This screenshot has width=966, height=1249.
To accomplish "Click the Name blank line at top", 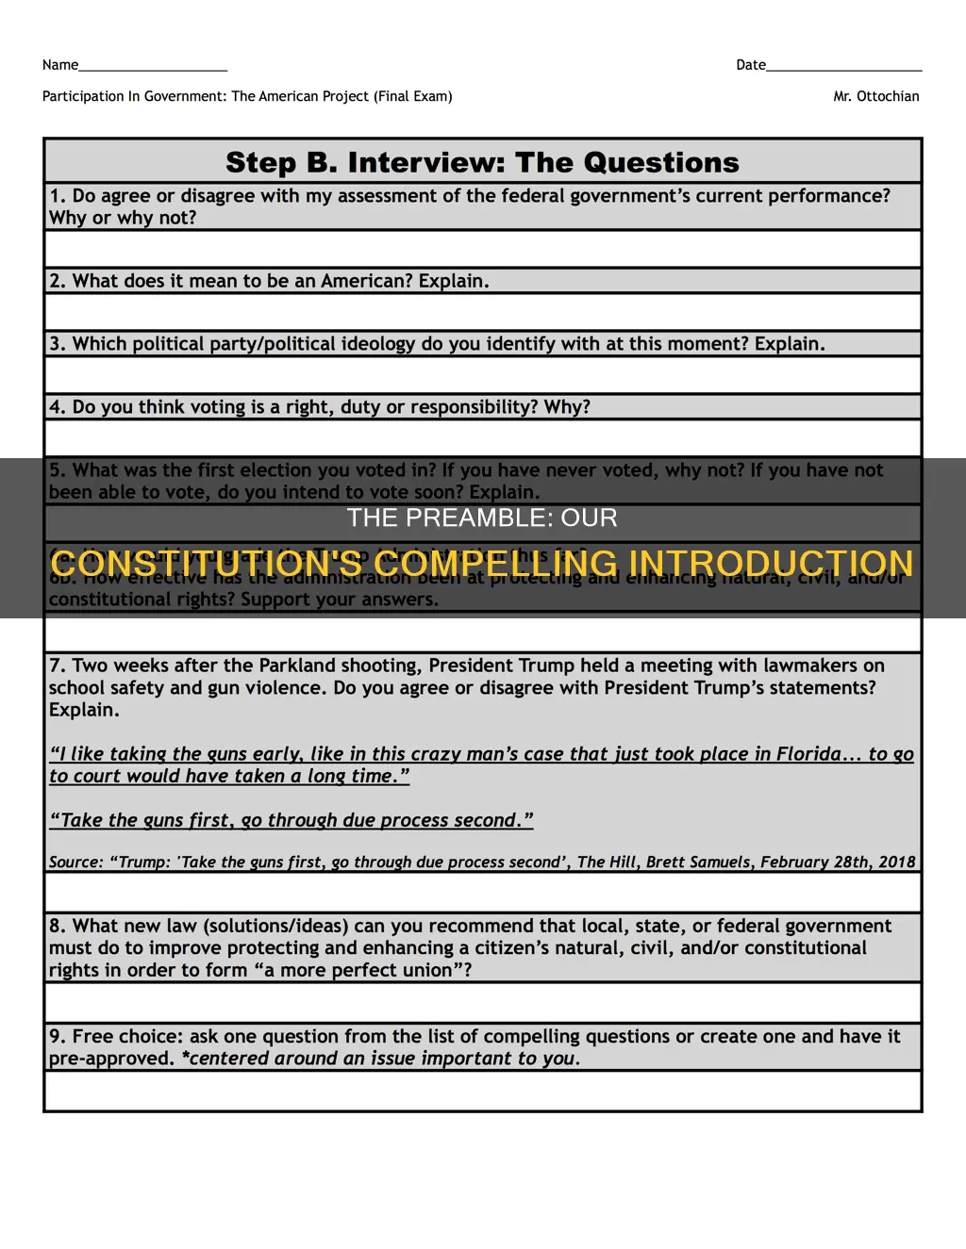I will click(x=153, y=66).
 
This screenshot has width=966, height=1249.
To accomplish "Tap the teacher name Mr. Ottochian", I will click(x=875, y=96).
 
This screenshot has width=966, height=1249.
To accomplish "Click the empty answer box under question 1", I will click(x=482, y=250).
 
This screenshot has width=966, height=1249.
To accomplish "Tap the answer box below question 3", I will click(x=482, y=375).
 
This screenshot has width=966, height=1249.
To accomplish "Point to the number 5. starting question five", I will click(x=58, y=470).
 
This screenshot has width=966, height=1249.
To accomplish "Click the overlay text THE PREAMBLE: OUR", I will click(x=482, y=518).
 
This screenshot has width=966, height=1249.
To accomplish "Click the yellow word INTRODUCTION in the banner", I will click(x=771, y=564).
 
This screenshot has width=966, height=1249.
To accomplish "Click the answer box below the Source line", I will click(x=482, y=892).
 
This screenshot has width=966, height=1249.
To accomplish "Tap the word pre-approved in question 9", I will click(x=111, y=1059).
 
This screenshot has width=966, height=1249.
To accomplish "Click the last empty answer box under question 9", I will click(x=482, y=1091).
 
